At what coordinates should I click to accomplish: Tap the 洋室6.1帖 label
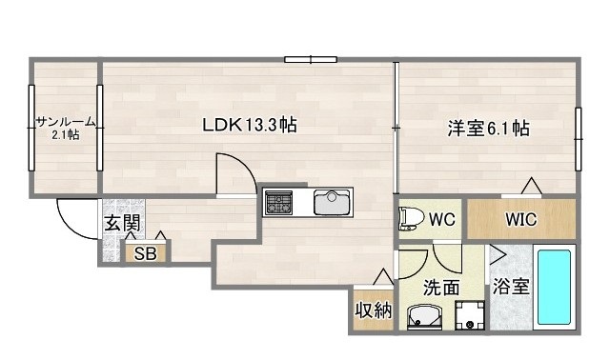point(489,129)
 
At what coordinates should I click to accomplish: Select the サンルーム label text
point(66,121)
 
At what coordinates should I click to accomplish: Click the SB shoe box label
point(145,253)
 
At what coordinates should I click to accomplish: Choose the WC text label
point(441,219)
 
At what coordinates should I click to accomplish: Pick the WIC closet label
point(520,219)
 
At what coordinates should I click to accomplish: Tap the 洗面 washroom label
point(442,285)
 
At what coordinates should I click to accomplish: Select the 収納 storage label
point(374,310)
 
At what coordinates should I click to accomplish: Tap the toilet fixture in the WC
point(411,219)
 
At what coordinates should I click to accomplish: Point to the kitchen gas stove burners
point(280,202)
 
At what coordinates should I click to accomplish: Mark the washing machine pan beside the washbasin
point(470,315)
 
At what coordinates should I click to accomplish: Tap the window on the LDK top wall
point(311,61)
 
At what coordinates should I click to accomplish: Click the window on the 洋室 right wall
point(578,138)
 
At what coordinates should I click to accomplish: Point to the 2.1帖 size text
point(66,134)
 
